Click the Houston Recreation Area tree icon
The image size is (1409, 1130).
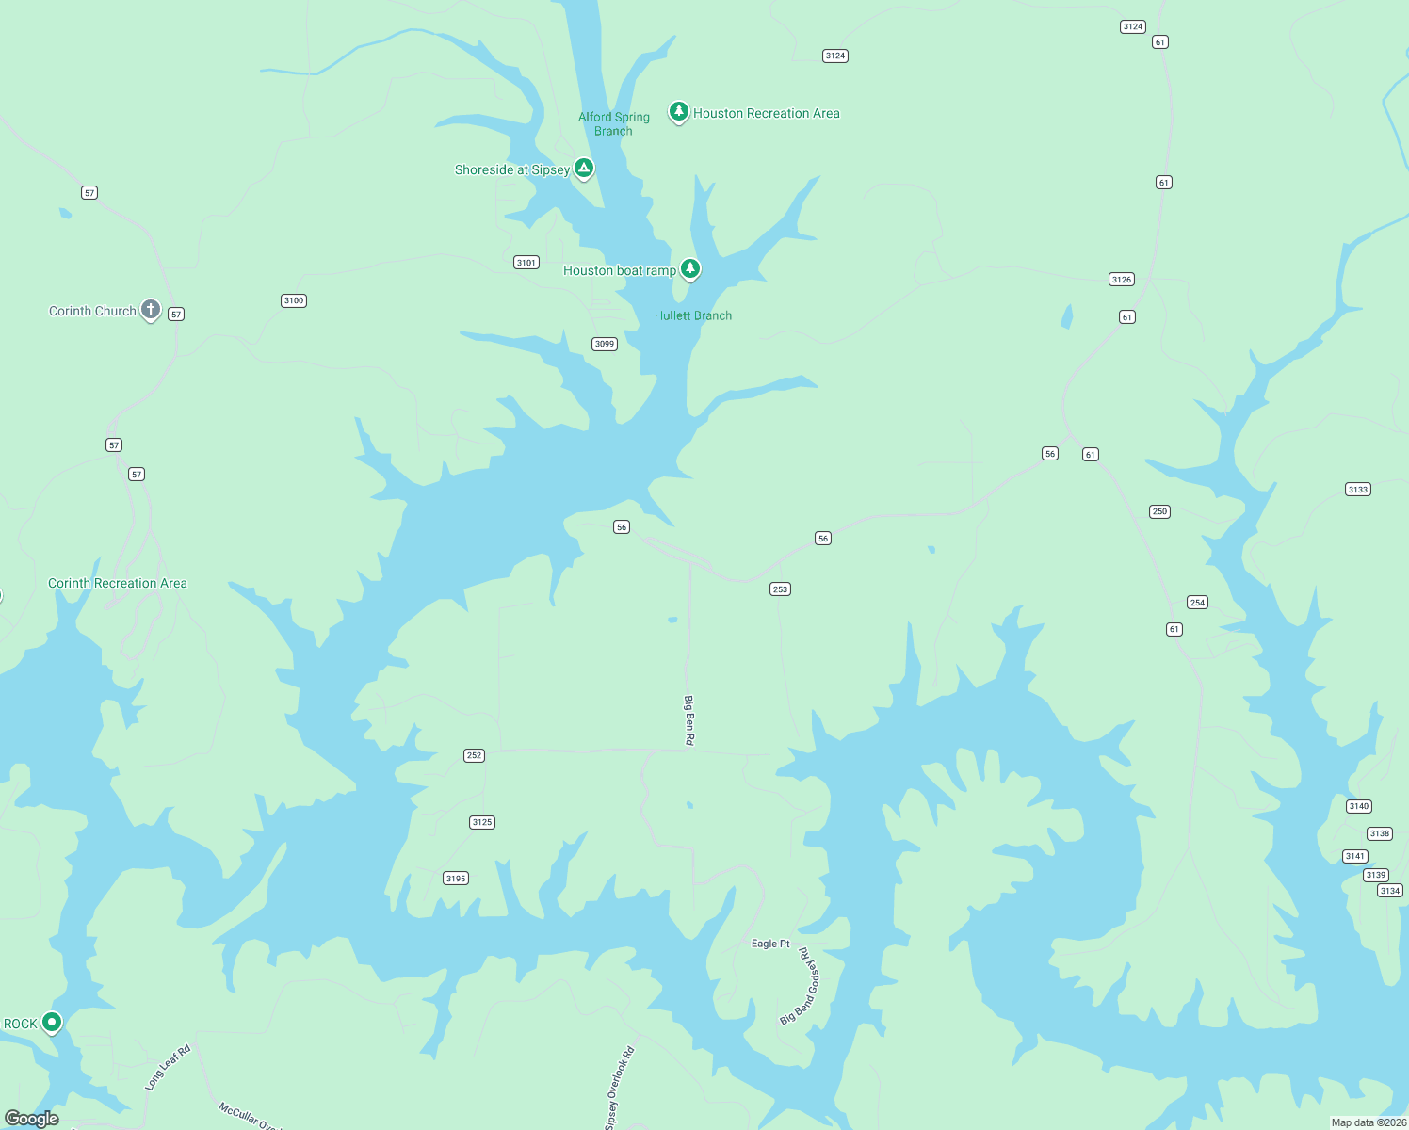point(678,112)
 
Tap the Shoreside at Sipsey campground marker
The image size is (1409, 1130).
point(584,169)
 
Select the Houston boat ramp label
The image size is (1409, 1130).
point(619,271)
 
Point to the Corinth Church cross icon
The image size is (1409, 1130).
point(150,309)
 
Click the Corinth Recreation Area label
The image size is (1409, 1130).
point(118,584)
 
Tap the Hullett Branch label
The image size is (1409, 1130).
point(693,316)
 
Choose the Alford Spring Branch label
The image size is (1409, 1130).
point(614,124)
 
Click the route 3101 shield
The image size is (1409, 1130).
point(526,263)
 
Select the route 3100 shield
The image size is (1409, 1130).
point(294,301)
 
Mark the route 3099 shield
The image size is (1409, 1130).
point(605,344)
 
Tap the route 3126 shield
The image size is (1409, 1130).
point(1121,280)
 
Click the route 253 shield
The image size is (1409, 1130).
point(780,589)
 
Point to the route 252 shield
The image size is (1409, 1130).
point(474,755)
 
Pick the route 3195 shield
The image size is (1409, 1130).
point(456,879)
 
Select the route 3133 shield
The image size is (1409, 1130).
point(1357,490)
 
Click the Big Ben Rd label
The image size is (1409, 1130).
point(688,720)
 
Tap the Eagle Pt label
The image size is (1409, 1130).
point(770,944)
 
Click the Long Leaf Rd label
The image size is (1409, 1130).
point(168,1068)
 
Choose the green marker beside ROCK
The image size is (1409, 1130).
point(52,1022)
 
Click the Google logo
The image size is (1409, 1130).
point(32,1119)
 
